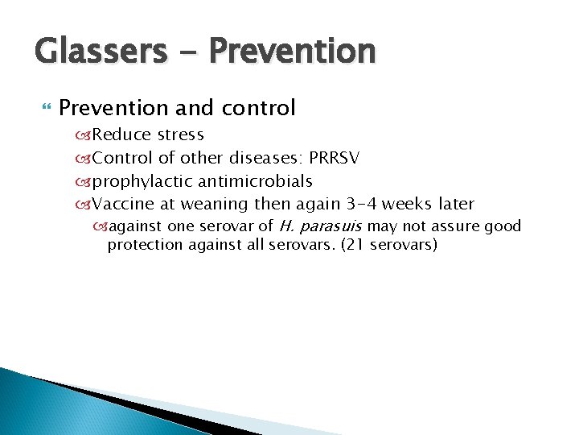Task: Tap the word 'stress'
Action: pyautogui.click(x=181, y=135)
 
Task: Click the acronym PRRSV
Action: pyautogui.click(x=331, y=158)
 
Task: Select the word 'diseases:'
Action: pyautogui.click(x=263, y=158)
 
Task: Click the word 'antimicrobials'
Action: pyautogui.click(x=255, y=181)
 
